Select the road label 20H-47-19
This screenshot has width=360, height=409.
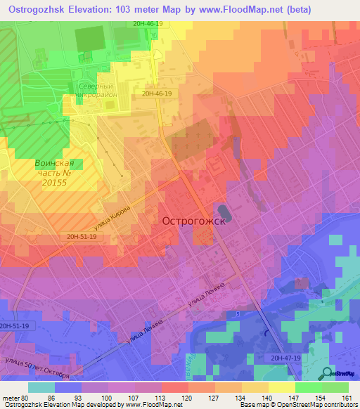[285, 358]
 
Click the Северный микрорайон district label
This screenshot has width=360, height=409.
[91, 91]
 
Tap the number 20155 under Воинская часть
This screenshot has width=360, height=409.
[53, 182]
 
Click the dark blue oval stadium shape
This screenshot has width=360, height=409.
[224, 210]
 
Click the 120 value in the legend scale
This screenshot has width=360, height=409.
[188, 398]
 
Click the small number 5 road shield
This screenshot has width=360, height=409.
[238, 313]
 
